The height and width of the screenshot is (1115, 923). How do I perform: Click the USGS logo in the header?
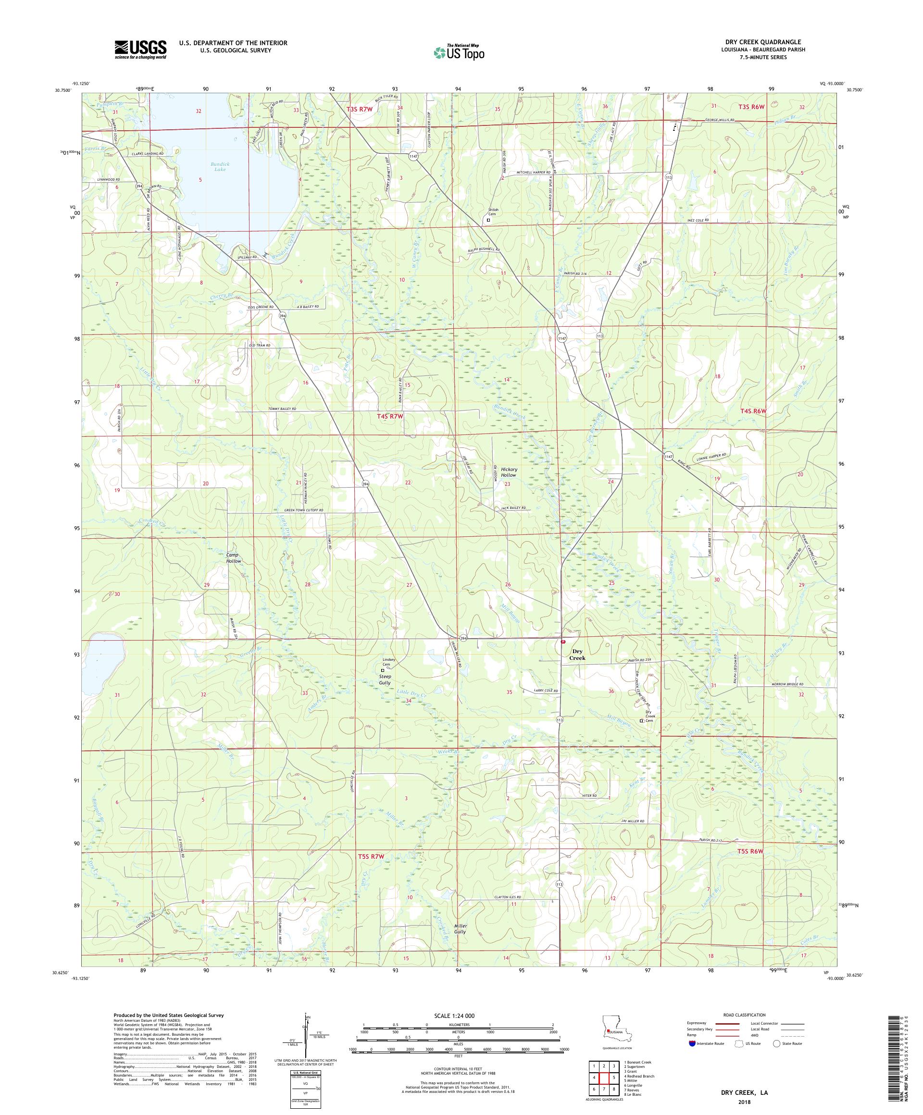pyautogui.click(x=140, y=50)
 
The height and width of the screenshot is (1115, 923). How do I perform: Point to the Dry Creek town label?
pyautogui.click(x=577, y=654)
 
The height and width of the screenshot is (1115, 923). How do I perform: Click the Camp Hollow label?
pyautogui.click(x=233, y=557)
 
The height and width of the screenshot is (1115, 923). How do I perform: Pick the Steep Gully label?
pyautogui.click(x=385, y=679)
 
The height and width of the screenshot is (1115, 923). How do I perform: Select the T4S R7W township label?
pyautogui.click(x=390, y=417)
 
